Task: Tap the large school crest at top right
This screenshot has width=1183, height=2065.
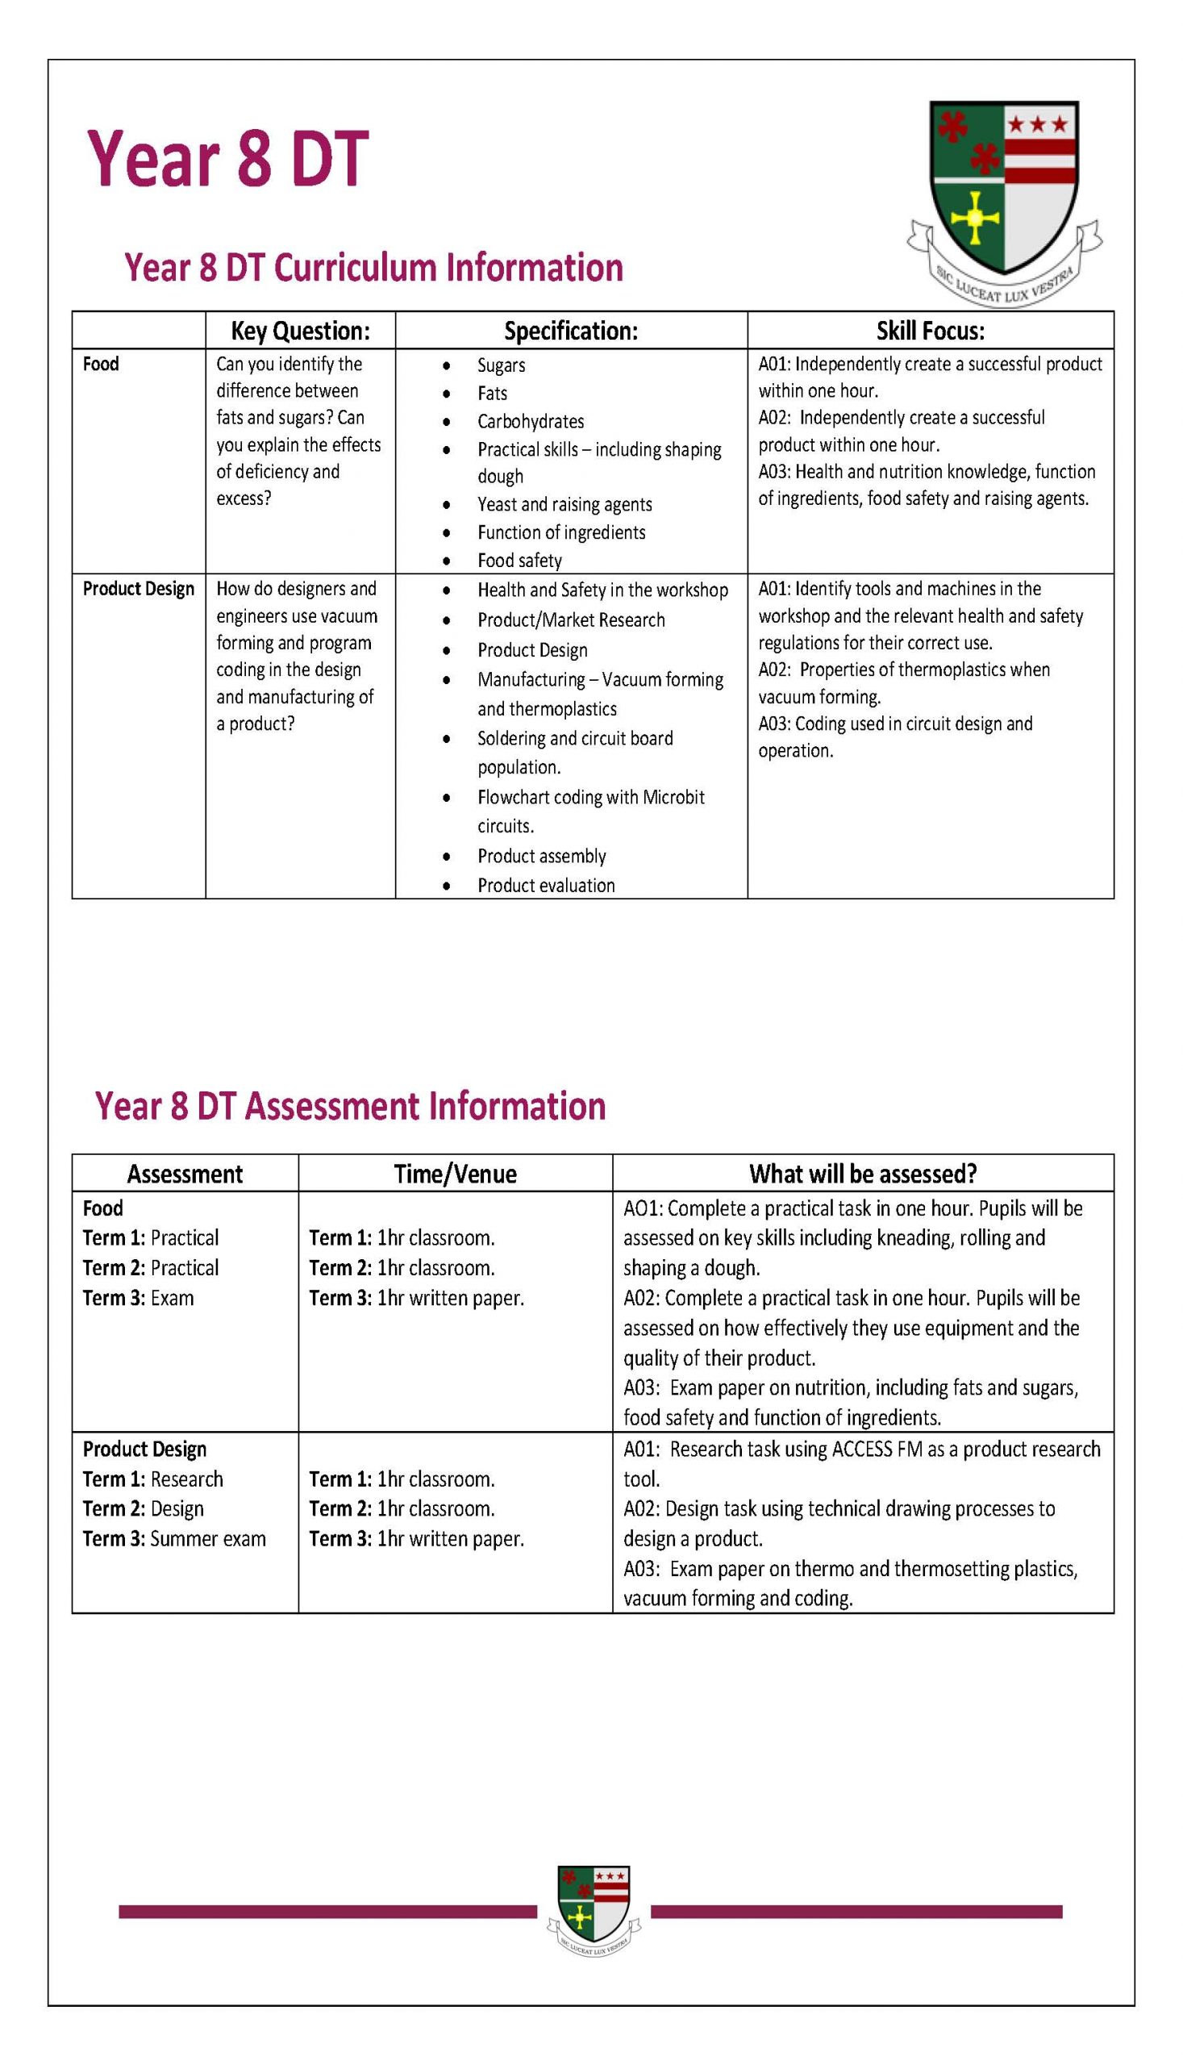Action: [x=1004, y=199]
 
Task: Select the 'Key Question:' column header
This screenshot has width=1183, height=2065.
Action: [x=300, y=331]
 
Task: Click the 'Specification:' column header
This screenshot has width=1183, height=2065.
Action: [x=570, y=331]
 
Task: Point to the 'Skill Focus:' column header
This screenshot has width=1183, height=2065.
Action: [x=930, y=331]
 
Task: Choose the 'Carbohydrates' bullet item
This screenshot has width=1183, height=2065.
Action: [x=530, y=421]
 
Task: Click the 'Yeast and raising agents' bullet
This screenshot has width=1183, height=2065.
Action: [x=564, y=504]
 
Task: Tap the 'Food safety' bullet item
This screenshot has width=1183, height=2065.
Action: [x=519, y=560]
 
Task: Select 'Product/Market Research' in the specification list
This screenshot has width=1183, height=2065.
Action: [x=570, y=620]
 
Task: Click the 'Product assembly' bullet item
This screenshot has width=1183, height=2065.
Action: [x=541, y=856]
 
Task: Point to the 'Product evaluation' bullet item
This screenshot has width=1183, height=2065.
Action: [x=545, y=885]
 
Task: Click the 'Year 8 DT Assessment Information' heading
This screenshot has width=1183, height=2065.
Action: [x=350, y=1106]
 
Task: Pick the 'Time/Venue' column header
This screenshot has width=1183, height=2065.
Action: [x=455, y=1174]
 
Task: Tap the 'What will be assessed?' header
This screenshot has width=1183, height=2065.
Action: [x=862, y=1174]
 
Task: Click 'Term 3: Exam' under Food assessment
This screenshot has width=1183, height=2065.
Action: [x=138, y=1298]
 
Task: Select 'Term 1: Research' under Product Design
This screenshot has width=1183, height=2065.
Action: [x=152, y=1479]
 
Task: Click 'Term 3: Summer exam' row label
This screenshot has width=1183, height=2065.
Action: [x=174, y=1538]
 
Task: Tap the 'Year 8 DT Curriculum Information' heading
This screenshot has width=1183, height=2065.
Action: [x=373, y=268]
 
